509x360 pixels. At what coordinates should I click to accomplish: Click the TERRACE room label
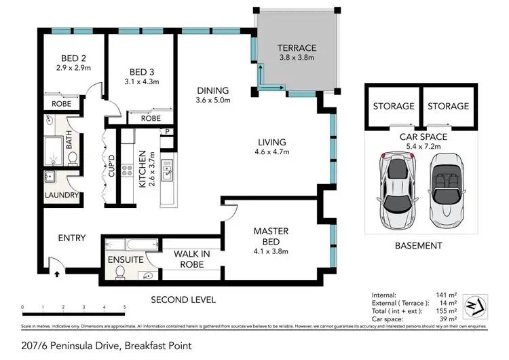297,48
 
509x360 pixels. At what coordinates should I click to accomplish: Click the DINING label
212,90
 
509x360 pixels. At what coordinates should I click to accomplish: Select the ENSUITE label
125,259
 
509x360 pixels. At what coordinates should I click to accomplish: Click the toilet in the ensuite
120,273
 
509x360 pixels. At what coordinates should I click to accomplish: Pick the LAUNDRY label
62,195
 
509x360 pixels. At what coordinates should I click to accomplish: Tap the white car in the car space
394,192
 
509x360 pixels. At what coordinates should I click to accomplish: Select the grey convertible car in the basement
446,192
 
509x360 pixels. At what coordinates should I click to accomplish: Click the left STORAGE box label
394,106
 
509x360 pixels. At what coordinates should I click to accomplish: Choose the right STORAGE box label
448,106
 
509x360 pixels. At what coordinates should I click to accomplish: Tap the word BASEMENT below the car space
419,245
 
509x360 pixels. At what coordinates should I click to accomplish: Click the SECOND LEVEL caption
183,299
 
